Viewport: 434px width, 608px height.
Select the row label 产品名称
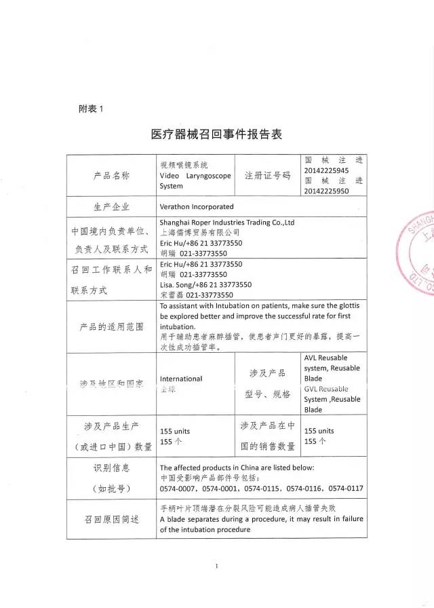click(111, 175)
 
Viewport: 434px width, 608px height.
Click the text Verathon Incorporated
click(197, 206)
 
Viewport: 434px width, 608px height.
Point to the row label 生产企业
click(111, 206)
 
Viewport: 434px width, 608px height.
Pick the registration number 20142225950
click(327, 191)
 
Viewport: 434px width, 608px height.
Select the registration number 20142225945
click(327, 170)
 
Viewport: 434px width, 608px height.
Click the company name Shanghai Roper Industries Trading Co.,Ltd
click(226, 222)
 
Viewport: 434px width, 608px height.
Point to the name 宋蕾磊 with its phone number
click(197, 295)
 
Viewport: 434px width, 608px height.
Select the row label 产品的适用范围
click(111, 326)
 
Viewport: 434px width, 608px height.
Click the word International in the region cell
click(181, 379)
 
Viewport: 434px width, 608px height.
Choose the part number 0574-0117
click(346, 488)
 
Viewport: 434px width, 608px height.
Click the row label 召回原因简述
click(111, 519)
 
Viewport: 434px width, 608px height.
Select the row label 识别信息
click(111, 468)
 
